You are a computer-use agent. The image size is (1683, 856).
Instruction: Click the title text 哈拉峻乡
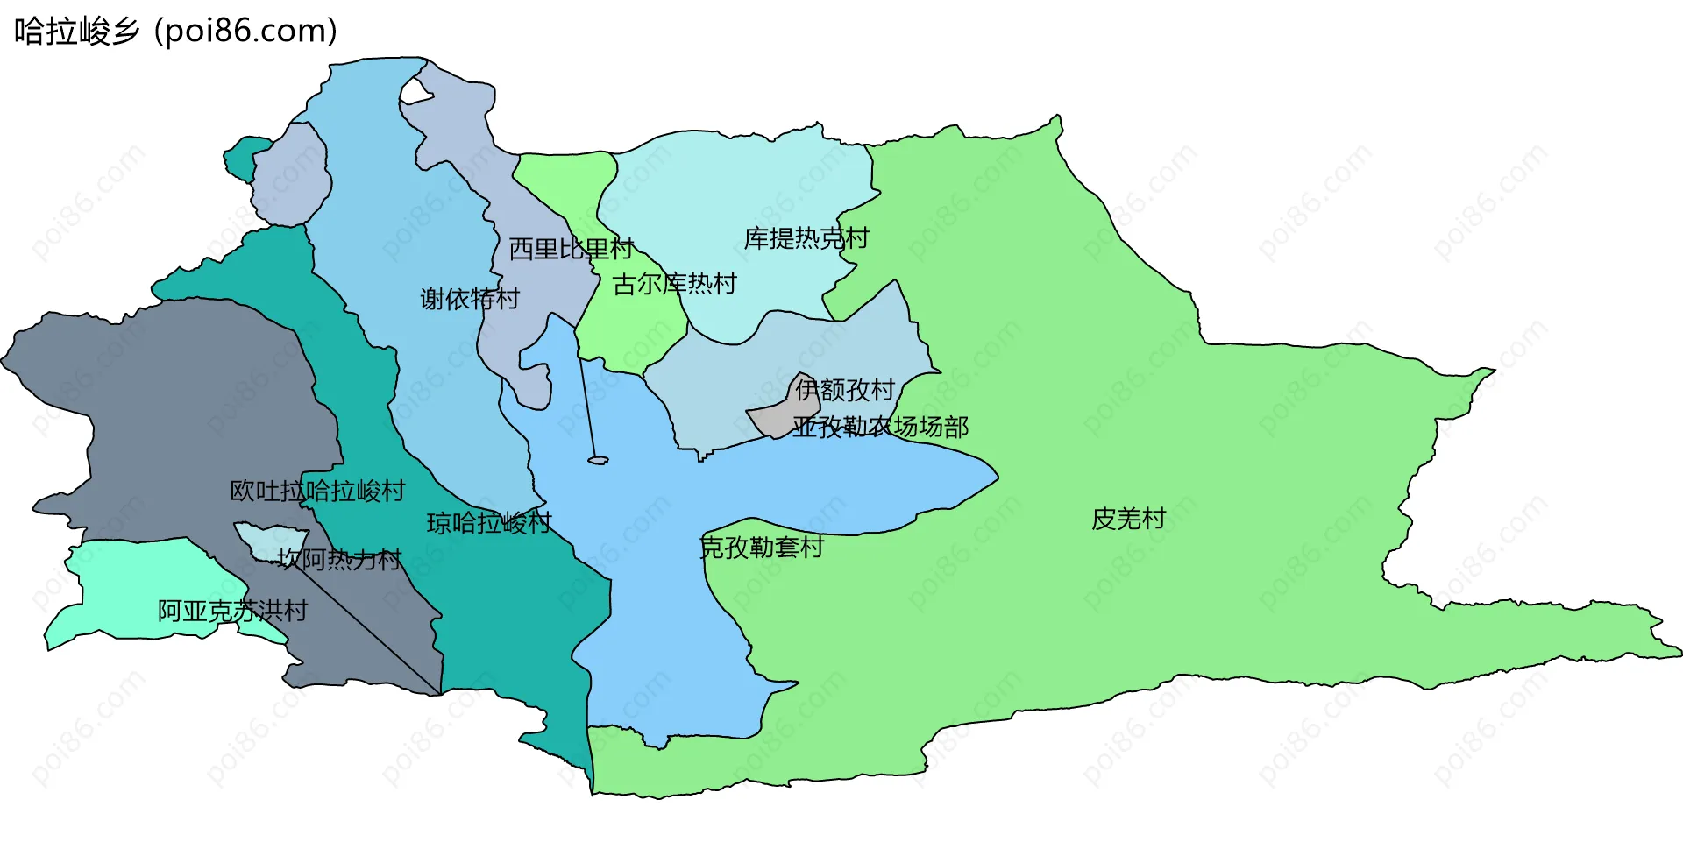(77, 32)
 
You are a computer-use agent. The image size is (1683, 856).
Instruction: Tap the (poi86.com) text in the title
(245, 32)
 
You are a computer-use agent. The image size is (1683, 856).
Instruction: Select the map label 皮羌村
(1128, 519)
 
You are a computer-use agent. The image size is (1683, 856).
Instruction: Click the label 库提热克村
(806, 238)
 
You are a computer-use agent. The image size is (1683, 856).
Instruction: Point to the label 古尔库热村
(674, 284)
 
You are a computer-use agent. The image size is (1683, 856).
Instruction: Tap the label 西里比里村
(571, 249)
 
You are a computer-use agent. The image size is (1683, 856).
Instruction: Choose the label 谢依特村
(470, 299)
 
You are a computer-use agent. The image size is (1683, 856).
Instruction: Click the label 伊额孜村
(845, 389)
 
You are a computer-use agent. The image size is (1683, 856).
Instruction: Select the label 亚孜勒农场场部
(880, 427)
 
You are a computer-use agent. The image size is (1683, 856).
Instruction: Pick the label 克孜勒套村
(762, 548)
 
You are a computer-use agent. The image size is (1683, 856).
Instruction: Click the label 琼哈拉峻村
(489, 523)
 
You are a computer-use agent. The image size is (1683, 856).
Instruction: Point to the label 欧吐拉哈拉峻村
(317, 491)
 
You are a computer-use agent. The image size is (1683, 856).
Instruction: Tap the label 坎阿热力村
(339, 559)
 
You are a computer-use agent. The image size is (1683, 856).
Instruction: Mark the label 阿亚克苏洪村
(232, 611)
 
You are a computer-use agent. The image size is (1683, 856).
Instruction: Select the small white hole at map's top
(416, 91)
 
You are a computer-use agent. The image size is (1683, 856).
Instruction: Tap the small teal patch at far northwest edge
(240, 158)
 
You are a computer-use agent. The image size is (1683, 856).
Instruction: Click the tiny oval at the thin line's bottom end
(598, 460)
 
